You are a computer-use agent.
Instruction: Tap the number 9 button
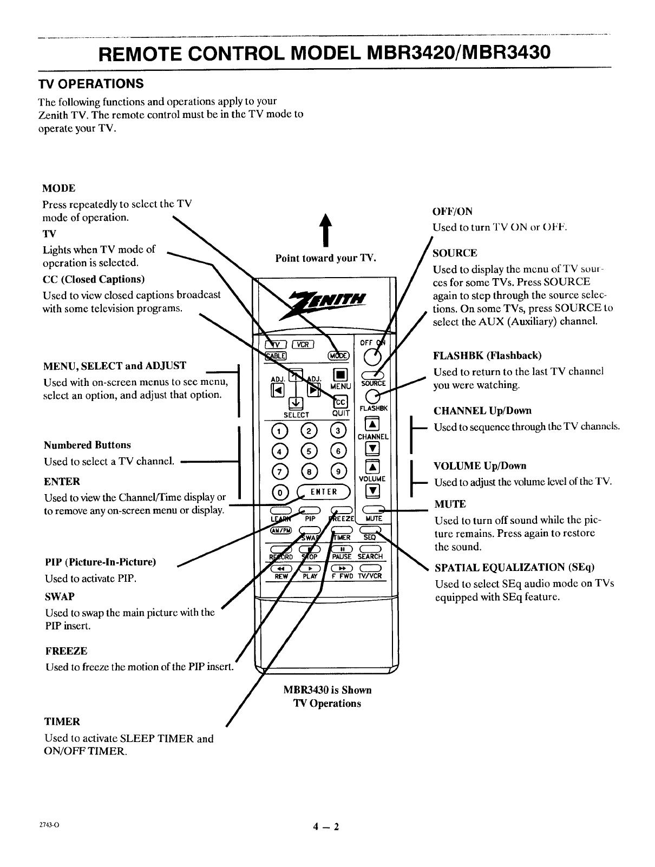(338, 470)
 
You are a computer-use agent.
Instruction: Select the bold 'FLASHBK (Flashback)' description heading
(487, 356)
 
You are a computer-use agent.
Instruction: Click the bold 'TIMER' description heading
(62, 721)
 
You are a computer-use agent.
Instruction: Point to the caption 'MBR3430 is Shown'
(327, 690)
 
